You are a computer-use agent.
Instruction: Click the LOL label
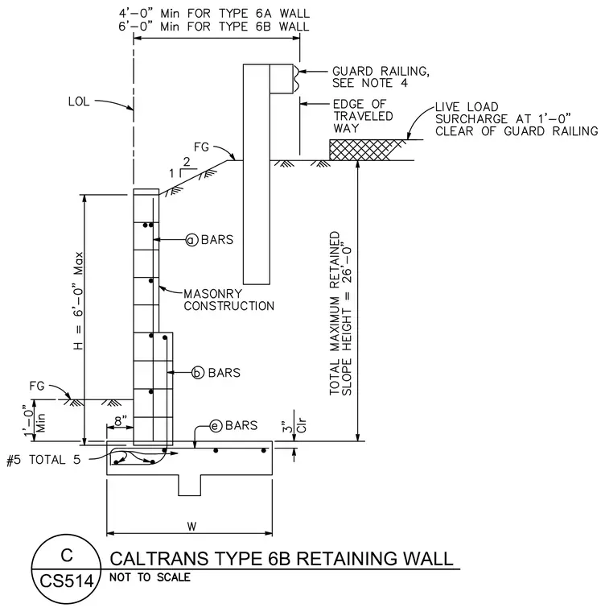(79, 101)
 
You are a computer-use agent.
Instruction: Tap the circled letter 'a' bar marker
(191, 240)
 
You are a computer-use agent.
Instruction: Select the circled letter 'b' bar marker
(198, 373)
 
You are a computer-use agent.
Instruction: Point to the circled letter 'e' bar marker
(216, 426)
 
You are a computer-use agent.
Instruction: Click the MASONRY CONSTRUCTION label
(229, 300)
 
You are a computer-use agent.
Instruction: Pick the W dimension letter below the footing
(191, 527)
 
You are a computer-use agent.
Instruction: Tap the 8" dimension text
(121, 420)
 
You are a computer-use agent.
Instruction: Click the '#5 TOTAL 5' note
(43, 460)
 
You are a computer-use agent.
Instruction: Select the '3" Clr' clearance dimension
(294, 426)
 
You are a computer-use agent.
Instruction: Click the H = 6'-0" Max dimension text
(78, 300)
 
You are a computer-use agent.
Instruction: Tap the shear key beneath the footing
(190, 485)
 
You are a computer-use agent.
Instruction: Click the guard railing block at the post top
(282, 79)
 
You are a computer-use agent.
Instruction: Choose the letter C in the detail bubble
(67, 556)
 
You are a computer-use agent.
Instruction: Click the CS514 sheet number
(67, 581)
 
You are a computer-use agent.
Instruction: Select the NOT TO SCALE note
(150, 577)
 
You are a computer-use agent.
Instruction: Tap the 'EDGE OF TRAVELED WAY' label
(363, 116)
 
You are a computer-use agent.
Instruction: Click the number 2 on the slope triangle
(187, 162)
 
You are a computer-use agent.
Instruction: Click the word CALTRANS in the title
(159, 559)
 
